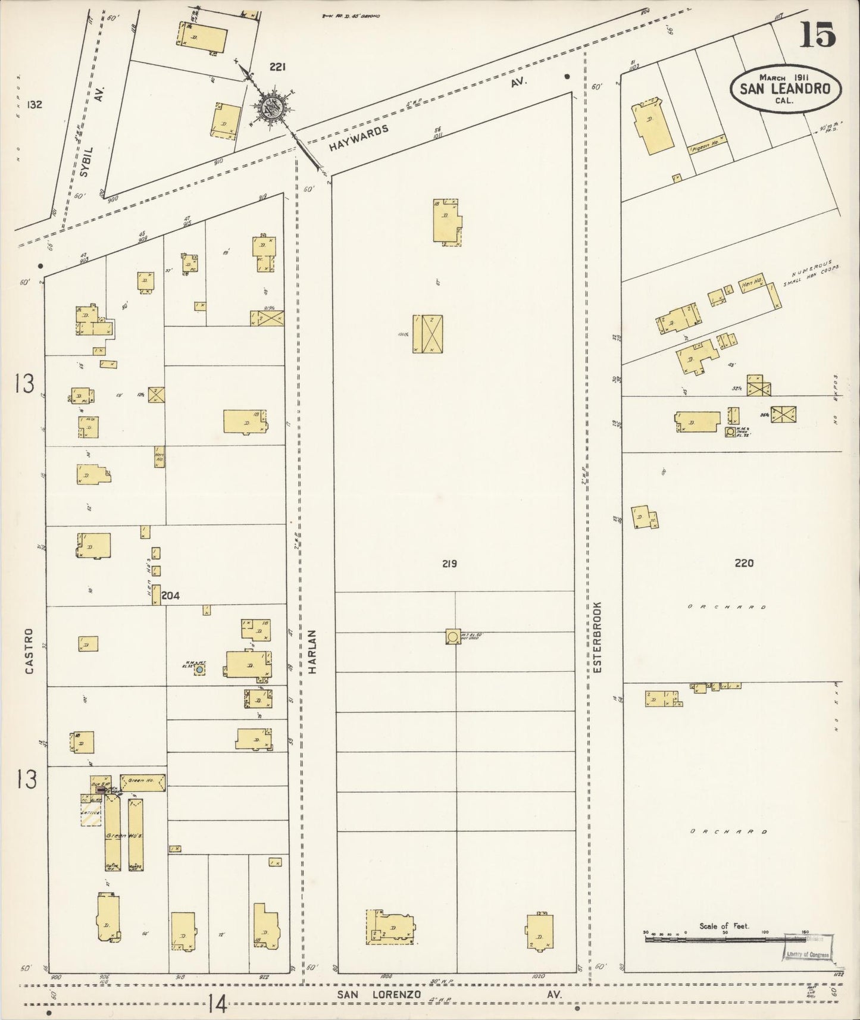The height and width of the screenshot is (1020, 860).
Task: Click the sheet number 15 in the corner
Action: pyautogui.click(x=818, y=35)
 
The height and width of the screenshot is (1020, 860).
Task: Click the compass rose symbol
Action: pyautogui.click(x=272, y=109)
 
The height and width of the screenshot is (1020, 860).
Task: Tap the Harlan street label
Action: pyautogui.click(x=313, y=651)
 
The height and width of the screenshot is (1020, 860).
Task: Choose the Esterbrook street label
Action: pyautogui.click(x=598, y=637)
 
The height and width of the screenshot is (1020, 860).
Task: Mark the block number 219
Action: pyautogui.click(x=449, y=563)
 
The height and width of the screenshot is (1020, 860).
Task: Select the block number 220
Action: pyautogui.click(x=744, y=563)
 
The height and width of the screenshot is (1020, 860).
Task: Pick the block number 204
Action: pyautogui.click(x=170, y=595)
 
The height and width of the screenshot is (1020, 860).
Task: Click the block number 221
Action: pyautogui.click(x=277, y=67)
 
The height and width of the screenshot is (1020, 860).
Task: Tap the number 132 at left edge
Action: pyautogui.click(x=35, y=105)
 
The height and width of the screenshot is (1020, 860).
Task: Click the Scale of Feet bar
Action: pyautogui.click(x=723, y=940)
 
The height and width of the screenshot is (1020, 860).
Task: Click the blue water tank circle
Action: pyautogui.click(x=200, y=670)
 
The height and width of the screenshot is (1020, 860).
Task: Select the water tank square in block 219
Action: pyautogui.click(x=452, y=637)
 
